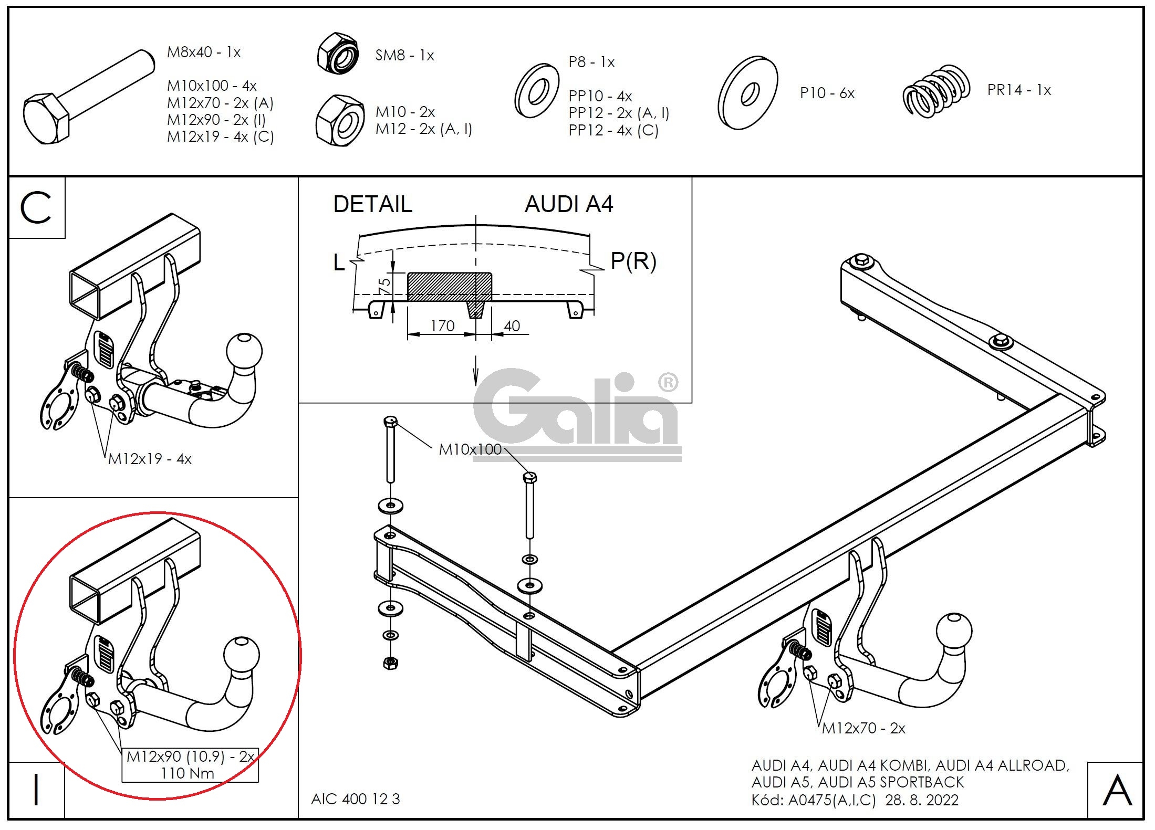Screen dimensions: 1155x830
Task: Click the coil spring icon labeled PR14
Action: pos(937,91)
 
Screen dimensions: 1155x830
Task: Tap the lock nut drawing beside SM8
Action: pos(339,53)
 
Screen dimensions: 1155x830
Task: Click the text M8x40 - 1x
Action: pos(204,52)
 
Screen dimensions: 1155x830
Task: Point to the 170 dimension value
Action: pos(442,326)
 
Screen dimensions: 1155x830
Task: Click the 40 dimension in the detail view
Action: pos(512,326)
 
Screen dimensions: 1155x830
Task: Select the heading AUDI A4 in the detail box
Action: pos(569,204)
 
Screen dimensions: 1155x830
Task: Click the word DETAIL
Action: pos(373,204)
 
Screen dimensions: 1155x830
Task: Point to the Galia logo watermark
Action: pos(577,415)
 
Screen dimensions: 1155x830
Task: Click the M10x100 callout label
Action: pos(471,449)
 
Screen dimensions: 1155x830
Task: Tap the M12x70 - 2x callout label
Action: pos(863,728)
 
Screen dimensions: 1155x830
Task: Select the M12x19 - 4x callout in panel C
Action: pos(150,459)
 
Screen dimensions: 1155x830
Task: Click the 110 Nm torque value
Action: pos(188,773)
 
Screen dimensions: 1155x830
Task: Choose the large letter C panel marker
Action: pos(36,207)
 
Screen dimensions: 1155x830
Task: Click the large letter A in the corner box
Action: pos(1117,790)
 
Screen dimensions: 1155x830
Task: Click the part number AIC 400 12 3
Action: pos(356,799)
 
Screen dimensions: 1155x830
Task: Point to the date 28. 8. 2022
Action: pos(922,800)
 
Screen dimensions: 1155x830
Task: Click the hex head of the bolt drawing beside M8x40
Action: pos(46,119)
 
